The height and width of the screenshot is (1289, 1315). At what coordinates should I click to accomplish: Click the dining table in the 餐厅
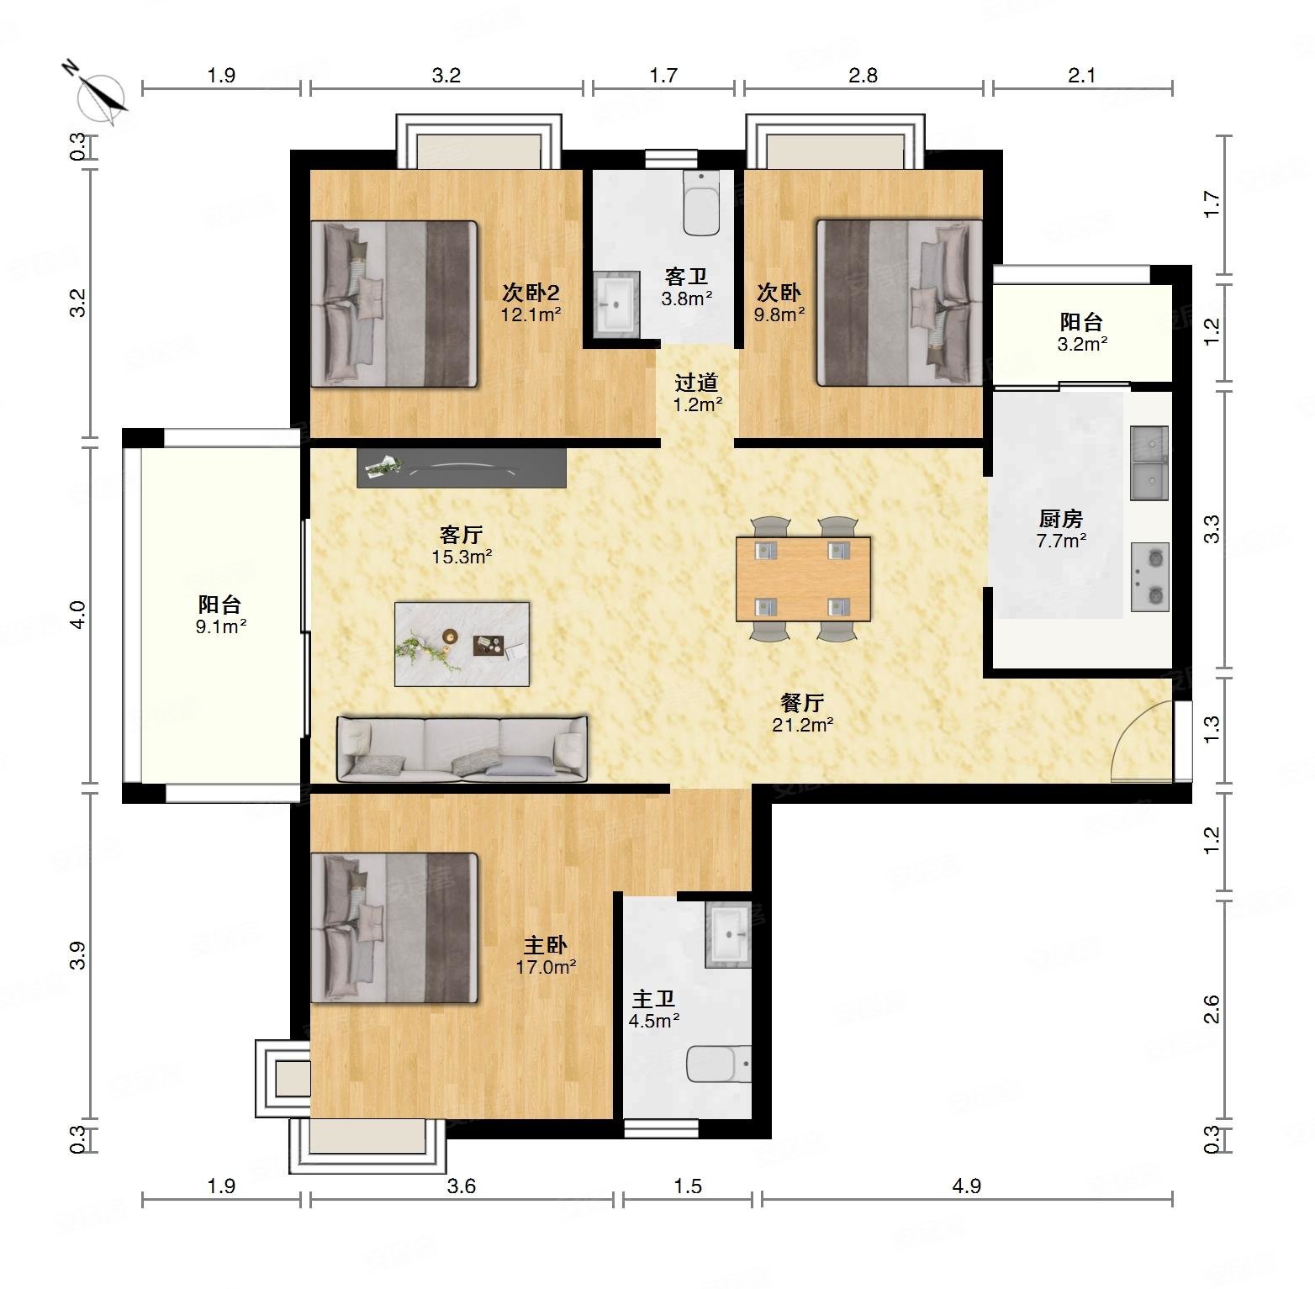click(x=803, y=578)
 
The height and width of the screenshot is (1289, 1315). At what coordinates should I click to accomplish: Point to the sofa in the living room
click(x=462, y=748)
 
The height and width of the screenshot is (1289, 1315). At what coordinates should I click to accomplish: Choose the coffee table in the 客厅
click(x=462, y=643)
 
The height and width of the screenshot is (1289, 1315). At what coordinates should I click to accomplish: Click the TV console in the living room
click(x=462, y=468)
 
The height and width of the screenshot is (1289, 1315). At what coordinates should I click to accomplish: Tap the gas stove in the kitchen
click(x=1150, y=577)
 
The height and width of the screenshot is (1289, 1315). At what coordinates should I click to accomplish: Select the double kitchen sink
click(x=1150, y=462)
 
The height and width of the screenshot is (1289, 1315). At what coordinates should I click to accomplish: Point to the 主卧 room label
click(x=546, y=946)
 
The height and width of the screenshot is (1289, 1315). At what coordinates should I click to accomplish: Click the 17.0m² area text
click(x=546, y=967)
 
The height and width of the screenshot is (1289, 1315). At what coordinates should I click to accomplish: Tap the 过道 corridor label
click(x=697, y=383)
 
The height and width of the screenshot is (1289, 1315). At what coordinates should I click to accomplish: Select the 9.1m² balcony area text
click(x=220, y=626)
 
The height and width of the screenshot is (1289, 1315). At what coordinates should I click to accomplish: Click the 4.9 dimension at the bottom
click(x=967, y=1186)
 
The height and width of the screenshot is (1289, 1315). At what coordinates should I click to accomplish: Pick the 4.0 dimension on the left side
click(x=77, y=615)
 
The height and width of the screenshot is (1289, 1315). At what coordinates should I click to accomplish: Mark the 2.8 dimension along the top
click(x=863, y=76)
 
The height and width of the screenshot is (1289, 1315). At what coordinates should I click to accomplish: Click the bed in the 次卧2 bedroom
click(x=394, y=304)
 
